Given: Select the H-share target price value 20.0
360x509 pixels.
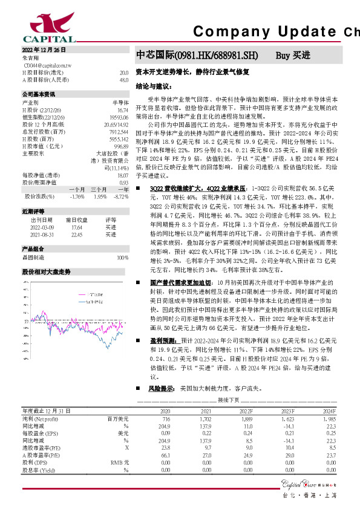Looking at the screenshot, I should coord(123,72).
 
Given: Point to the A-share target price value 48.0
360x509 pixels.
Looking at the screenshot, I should coord(123,79).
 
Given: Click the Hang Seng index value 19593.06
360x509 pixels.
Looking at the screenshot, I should coord(119,116).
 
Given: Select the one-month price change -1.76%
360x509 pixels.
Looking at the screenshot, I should coord(77,196).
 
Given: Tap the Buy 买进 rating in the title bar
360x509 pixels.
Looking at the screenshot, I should coord(292,55).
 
